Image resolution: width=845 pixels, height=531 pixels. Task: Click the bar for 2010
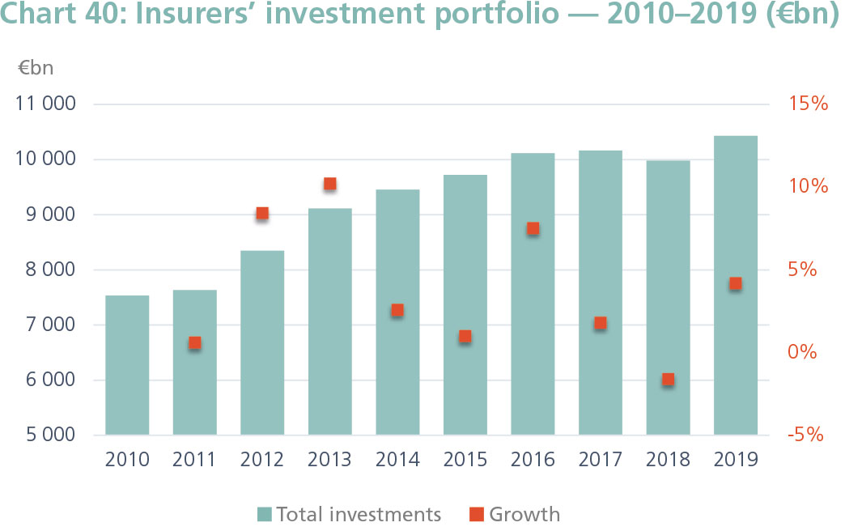point(127,364)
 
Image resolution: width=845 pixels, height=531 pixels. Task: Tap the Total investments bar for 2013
point(329,324)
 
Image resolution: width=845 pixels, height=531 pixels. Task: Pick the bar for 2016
point(533,291)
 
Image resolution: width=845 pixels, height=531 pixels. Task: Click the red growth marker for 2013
point(329,184)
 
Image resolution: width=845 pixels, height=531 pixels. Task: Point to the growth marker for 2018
point(668,380)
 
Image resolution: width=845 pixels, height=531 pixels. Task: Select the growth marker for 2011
point(194,343)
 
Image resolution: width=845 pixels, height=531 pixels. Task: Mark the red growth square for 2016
point(533,228)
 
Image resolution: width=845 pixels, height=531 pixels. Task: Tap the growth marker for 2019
point(735,283)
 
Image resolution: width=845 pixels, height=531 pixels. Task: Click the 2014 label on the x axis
point(397,460)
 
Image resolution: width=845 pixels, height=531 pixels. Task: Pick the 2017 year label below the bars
point(600,460)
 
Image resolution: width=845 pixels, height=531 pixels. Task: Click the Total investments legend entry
point(350,514)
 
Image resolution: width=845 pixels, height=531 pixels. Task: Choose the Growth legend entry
point(515,514)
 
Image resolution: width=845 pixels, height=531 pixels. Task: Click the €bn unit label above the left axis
point(36,68)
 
